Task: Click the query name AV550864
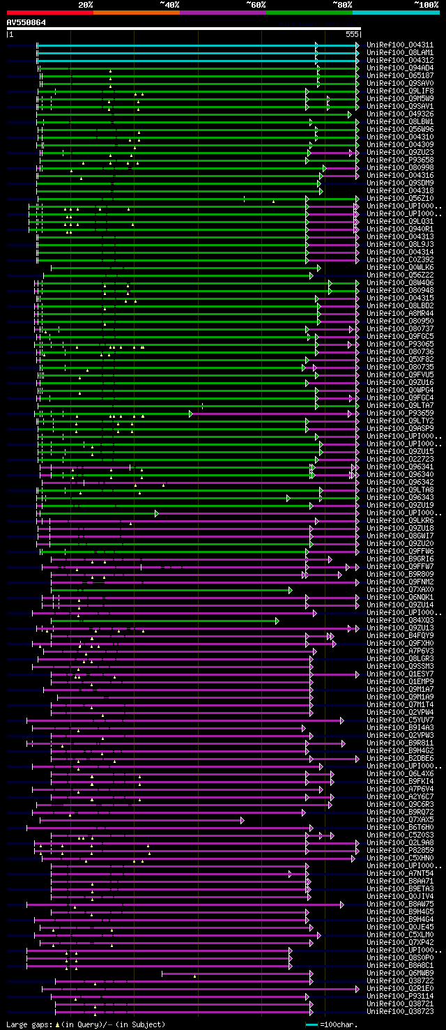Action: (26, 22)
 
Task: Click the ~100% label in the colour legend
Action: (425, 4)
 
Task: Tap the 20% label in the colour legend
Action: (86, 4)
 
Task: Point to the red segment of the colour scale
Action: (49, 13)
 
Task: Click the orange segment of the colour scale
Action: (136, 13)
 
